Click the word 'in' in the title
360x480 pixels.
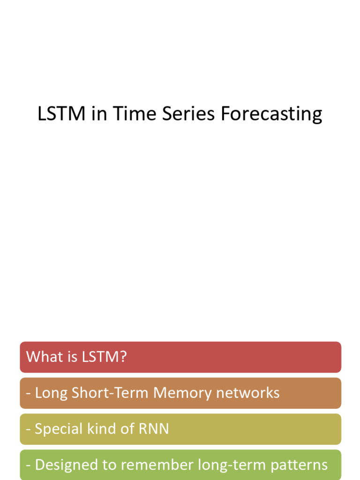[x=99, y=114]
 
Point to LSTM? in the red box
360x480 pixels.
[x=104, y=357]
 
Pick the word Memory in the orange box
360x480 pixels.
[x=182, y=393]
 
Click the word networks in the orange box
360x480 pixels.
[x=247, y=393]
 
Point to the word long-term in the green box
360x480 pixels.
[x=223, y=465]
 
